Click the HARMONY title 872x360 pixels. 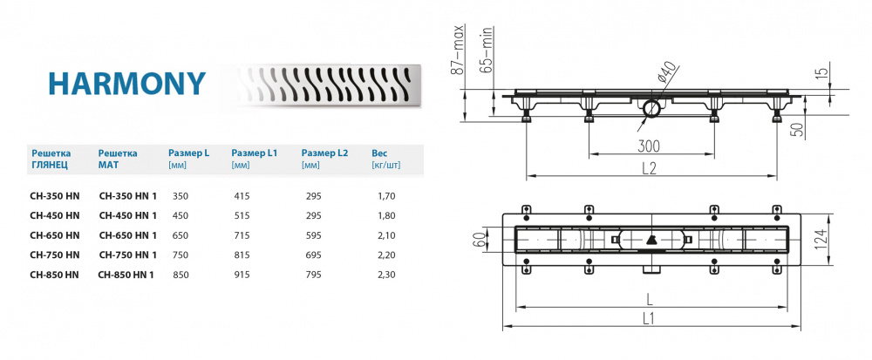tap(126, 83)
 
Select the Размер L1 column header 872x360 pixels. tap(254, 152)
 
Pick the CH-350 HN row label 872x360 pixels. tap(54, 197)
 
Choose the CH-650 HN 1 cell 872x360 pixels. tap(127, 235)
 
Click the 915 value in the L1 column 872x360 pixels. tap(243, 274)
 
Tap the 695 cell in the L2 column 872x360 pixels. tap(312, 255)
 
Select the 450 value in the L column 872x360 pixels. tap(181, 216)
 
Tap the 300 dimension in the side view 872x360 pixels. tap(649, 145)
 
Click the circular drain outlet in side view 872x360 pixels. tap(651, 110)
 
